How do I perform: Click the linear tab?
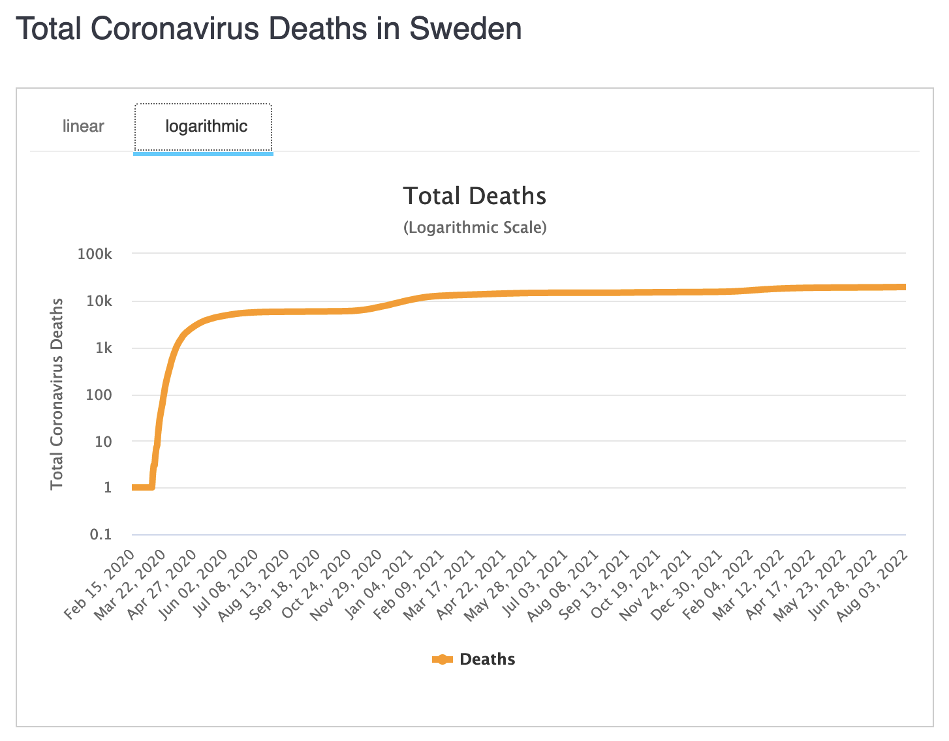pos(83,126)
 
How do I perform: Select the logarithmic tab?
pos(206,126)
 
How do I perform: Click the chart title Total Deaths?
pos(474,196)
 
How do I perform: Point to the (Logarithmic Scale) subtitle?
pos(474,228)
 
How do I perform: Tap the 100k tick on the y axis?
pos(95,254)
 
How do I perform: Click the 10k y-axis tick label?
pos(99,301)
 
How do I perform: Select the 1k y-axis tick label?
pos(103,348)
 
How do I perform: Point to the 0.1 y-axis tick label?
pos(101,535)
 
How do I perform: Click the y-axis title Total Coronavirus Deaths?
pos(57,393)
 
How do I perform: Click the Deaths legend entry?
pos(487,659)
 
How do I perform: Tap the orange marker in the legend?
pos(443,659)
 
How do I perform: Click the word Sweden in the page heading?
pos(465,29)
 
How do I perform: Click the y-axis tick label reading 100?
pos(101,395)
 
